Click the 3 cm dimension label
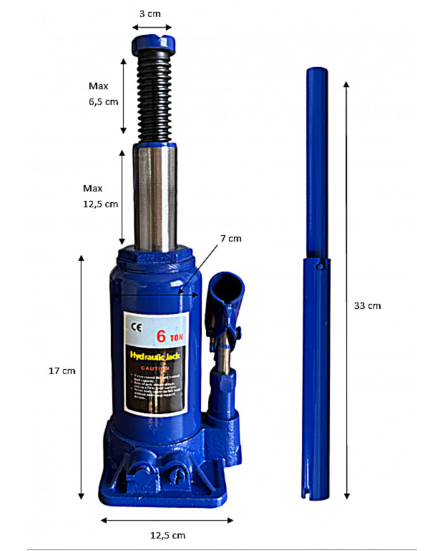(x=150, y=13)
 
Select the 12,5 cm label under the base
(x=167, y=535)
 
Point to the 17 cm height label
(x=62, y=371)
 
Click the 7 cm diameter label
(x=231, y=238)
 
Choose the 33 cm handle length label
(x=367, y=305)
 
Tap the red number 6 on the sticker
(x=162, y=335)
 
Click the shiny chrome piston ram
(x=155, y=197)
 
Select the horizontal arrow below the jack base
(x=167, y=521)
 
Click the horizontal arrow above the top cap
(x=152, y=27)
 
